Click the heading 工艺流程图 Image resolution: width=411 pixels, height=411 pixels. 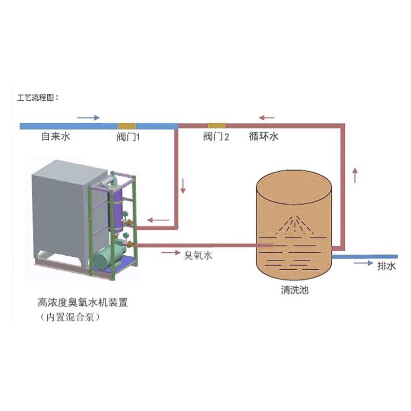[39, 97]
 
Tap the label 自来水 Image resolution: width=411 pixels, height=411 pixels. [55, 137]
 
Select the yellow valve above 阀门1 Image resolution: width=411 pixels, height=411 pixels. [126, 125]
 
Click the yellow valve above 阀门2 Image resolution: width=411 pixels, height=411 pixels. [216, 125]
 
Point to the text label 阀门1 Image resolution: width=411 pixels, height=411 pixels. [128, 137]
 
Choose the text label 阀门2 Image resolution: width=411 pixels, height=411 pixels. [216, 137]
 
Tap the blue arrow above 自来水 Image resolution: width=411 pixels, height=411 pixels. [88, 117]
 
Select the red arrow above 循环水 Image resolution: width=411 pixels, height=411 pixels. [267, 118]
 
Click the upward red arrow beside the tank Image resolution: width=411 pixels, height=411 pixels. [355, 175]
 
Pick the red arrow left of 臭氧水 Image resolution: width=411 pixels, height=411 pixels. [169, 253]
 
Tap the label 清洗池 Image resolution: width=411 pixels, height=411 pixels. [295, 290]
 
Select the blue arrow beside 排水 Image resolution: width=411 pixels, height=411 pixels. [364, 263]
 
